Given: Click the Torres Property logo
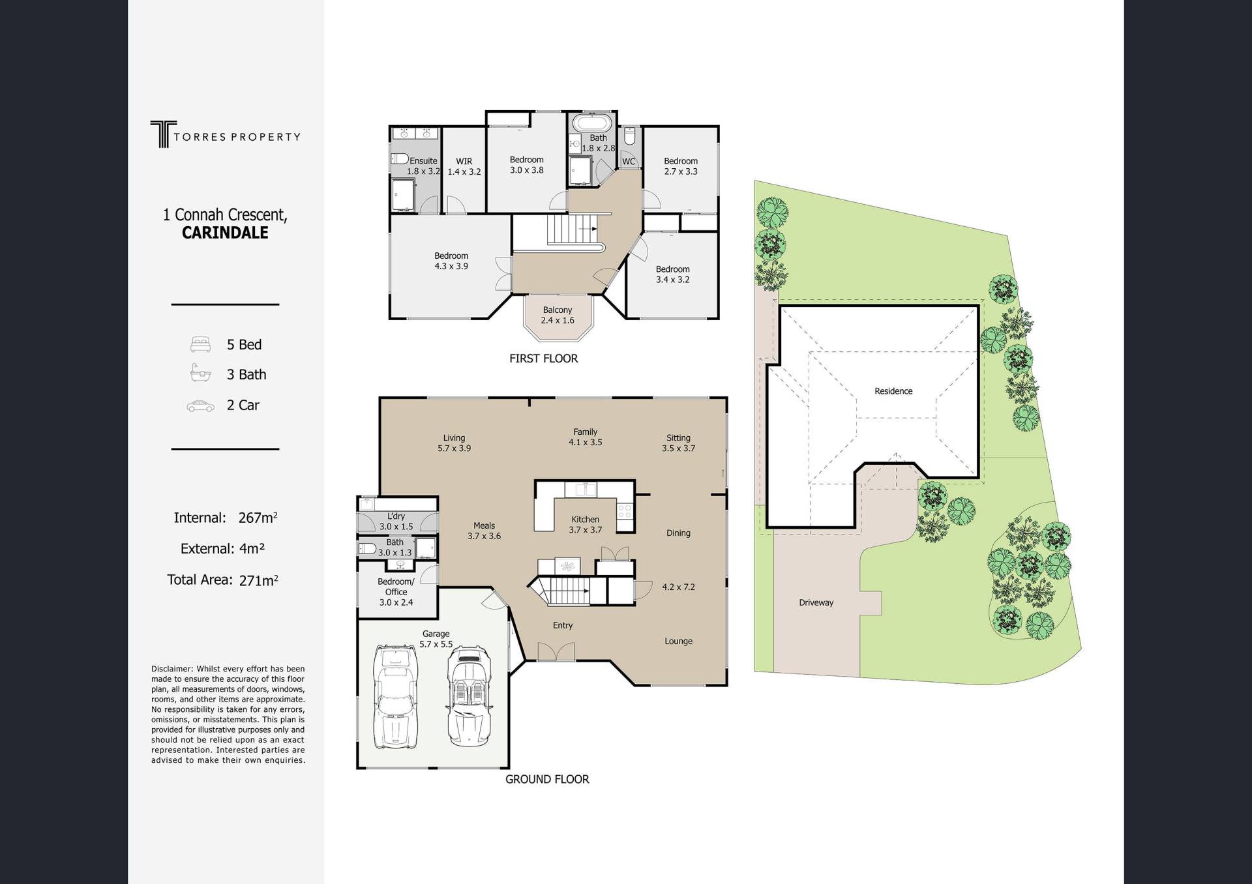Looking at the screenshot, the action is [x=225, y=134].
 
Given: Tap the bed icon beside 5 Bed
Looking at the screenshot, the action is [x=200, y=344].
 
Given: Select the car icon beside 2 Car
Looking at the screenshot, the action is [x=200, y=405].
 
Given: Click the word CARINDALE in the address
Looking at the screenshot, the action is [x=225, y=233].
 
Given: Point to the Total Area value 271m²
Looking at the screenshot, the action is [x=258, y=580].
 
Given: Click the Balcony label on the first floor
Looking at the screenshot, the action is [x=558, y=310].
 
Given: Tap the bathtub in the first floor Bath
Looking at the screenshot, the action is [x=593, y=123].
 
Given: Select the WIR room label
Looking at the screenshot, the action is [x=464, y=161].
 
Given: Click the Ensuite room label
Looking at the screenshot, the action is [x=424, y=160].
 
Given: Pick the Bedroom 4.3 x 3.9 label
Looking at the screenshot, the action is [x=451, y=261].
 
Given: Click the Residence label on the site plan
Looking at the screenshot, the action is [x=893, y=391].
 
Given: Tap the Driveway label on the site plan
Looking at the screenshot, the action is [x=816, y=602].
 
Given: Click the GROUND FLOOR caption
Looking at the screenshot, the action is [x=547, y=779].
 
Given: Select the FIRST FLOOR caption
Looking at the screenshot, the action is [x=544, y=359].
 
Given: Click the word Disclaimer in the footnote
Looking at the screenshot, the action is [x=172, y=669].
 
